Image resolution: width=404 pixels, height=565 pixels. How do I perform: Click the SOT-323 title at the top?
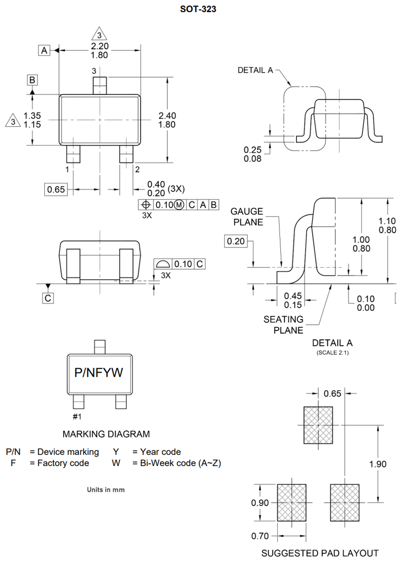(198, 9)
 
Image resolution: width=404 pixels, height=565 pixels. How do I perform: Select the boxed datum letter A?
(44, 50)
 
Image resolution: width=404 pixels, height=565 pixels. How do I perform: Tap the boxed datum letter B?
(32, 80)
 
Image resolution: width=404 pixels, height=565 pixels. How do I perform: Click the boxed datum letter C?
(48, 298)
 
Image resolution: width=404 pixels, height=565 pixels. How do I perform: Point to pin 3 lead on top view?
(100, 85)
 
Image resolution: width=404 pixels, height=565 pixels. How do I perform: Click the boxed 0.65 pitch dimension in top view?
(56, 190)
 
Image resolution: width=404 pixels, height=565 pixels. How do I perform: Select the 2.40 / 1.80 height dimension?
(167, 120)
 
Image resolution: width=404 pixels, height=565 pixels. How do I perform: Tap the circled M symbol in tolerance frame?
(179, 205)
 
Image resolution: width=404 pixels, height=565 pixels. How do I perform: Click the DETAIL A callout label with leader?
(255, 70)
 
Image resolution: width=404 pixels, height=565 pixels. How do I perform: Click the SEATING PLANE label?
(283, 325)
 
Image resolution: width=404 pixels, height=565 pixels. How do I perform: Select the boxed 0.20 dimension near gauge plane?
(235, 242)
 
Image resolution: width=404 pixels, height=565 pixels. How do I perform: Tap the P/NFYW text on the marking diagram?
(99, 373)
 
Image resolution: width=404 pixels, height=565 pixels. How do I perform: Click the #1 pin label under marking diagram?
(77, 416)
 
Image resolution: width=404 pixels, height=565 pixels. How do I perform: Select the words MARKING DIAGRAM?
(106, 434)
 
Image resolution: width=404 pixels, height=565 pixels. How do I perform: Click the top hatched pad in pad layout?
(318, 425)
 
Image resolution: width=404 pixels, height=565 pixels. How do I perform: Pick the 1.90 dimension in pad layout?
(378, 464)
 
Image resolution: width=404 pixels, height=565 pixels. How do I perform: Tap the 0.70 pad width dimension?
(260, 536)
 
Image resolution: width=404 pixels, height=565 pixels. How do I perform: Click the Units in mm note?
(106, 490)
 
